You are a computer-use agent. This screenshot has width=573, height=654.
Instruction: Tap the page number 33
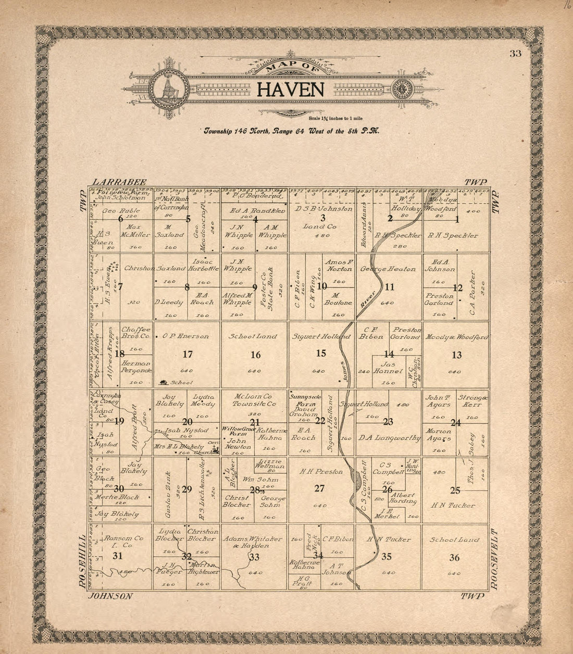pos(516,53)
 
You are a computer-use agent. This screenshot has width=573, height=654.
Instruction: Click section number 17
pos(188,354)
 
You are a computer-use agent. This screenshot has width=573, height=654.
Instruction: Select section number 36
pos(454,557)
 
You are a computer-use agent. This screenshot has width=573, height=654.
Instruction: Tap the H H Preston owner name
pos(321,472)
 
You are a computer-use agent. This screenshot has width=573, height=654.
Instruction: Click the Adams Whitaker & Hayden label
pos(254,542)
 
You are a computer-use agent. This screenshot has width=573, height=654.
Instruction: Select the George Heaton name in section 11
pos(388,269)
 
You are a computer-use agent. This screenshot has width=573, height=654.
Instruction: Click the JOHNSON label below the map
pos(110,596)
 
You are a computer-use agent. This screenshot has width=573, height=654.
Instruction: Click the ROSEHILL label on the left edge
pos(81,561)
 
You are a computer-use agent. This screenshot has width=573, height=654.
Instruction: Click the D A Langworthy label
pos(389,438)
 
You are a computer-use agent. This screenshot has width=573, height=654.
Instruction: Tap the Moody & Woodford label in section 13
pos(456,337)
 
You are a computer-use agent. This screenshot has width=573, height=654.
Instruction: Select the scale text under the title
pos(339,119)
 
